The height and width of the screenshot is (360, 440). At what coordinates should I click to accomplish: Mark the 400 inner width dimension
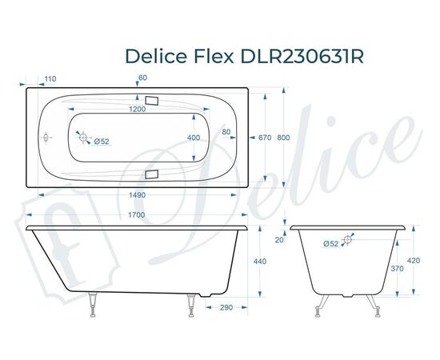(194, 138)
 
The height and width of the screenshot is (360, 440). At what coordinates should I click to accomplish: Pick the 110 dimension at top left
(50, 78)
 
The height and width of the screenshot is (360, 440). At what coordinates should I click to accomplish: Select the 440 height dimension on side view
(258, 262)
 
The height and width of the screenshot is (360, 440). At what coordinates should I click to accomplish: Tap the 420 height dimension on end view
(413, 260)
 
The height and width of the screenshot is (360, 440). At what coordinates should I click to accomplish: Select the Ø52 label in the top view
(102, 142)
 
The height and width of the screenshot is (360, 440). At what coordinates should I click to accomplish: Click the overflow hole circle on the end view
(349, 238)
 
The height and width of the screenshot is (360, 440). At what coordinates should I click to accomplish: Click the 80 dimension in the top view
(226, 131)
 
